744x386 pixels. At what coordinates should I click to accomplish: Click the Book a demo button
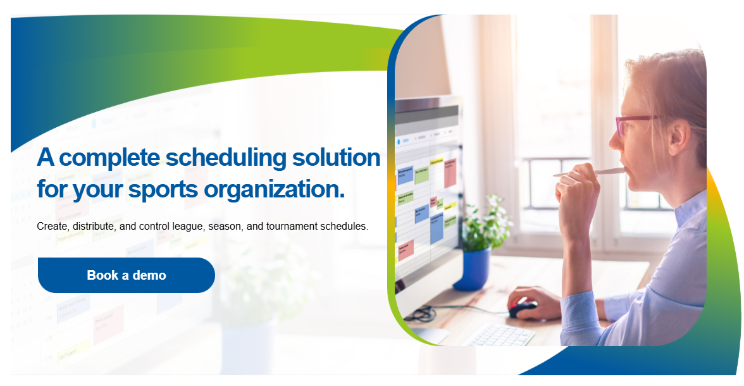tap(127, 275)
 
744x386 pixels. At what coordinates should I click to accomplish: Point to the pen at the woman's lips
tap(585, 172)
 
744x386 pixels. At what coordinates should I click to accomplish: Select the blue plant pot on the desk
tap(472, 269)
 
